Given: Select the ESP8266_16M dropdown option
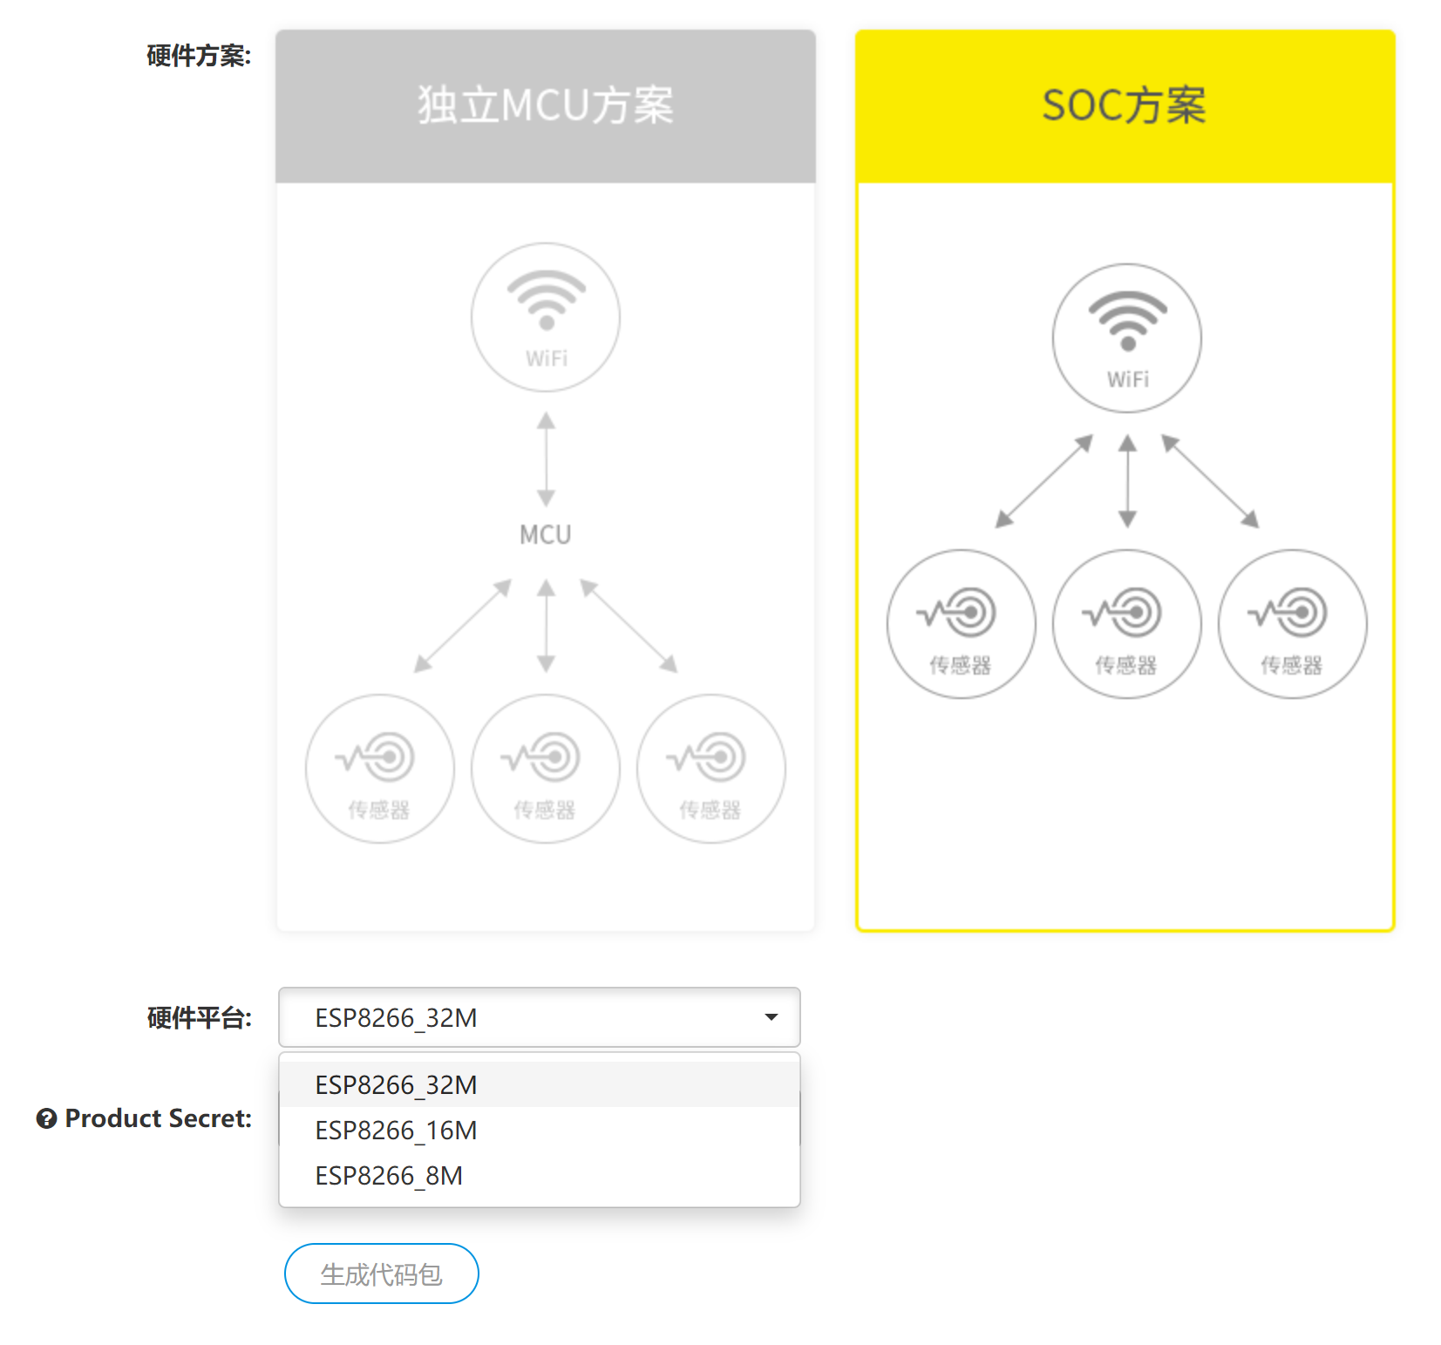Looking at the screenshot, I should click(x=396, y=1131).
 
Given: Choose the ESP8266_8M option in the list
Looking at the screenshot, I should click(x=389, y=1176).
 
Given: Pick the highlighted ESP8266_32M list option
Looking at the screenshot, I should click(x=396, y=1085).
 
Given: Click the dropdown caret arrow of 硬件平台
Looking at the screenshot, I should click(x=771, y=1017).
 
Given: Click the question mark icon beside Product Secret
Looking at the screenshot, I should click(x=46, y=1118).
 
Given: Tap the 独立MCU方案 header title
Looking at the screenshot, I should click(x=546, y=105).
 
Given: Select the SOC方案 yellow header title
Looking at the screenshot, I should click(x=1125, y=105).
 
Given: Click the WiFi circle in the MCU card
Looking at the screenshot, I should click(x=546, y=317).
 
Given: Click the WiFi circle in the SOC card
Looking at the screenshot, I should click(x=1127, y=338).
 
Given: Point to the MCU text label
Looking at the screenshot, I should click(x=546, y=534).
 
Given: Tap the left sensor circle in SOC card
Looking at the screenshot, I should click(x=961, y=624).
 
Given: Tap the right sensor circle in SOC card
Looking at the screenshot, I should click(x=1292, y=624).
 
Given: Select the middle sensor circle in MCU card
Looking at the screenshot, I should click(x=546, y=769).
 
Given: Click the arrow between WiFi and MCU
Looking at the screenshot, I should click(x=546, y=459).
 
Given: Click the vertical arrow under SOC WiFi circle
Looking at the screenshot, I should click(x=1127, y=481).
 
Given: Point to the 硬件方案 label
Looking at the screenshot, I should click(x=199, y=56).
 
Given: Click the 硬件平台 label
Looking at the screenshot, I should click(x=199, y=1017).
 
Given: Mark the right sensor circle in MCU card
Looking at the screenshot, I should click(x=711, y=769).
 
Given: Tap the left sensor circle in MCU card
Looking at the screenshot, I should click(x=380, y=769).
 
